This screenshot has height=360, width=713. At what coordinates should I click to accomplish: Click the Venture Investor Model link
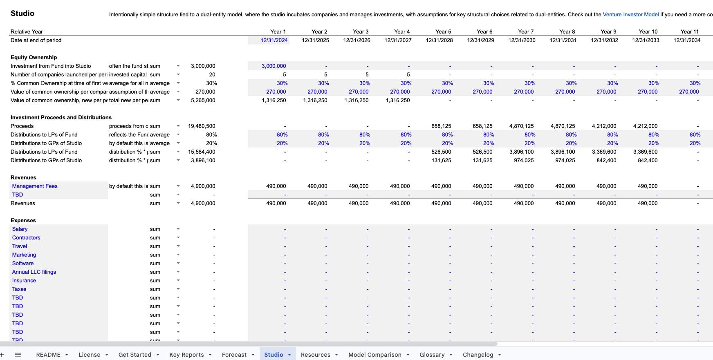630,15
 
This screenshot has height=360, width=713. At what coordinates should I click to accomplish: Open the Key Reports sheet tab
186,355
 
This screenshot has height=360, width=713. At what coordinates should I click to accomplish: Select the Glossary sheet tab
432,355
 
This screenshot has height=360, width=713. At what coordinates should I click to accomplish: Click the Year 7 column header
525,31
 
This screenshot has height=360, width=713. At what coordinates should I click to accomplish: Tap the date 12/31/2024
274,40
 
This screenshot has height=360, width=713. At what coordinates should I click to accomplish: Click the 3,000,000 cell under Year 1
274,66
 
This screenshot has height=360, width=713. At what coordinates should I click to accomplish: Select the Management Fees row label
35,186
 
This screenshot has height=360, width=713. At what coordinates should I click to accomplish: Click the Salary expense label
20,229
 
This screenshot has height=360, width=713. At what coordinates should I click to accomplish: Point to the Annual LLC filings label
34,272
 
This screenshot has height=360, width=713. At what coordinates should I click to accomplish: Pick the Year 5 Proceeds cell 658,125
441,126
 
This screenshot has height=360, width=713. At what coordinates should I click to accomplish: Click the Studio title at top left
22,13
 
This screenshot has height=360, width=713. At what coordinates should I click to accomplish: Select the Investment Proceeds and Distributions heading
61,118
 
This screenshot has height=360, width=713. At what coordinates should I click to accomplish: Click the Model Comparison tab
374,355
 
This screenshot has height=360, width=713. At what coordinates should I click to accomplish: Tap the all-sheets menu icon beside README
18,355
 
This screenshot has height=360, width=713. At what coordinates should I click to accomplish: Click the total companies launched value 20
212,75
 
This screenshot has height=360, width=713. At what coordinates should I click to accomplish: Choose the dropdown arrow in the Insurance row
178,281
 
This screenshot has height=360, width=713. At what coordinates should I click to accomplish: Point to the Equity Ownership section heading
34,58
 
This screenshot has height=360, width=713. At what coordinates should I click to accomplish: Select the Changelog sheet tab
478,355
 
